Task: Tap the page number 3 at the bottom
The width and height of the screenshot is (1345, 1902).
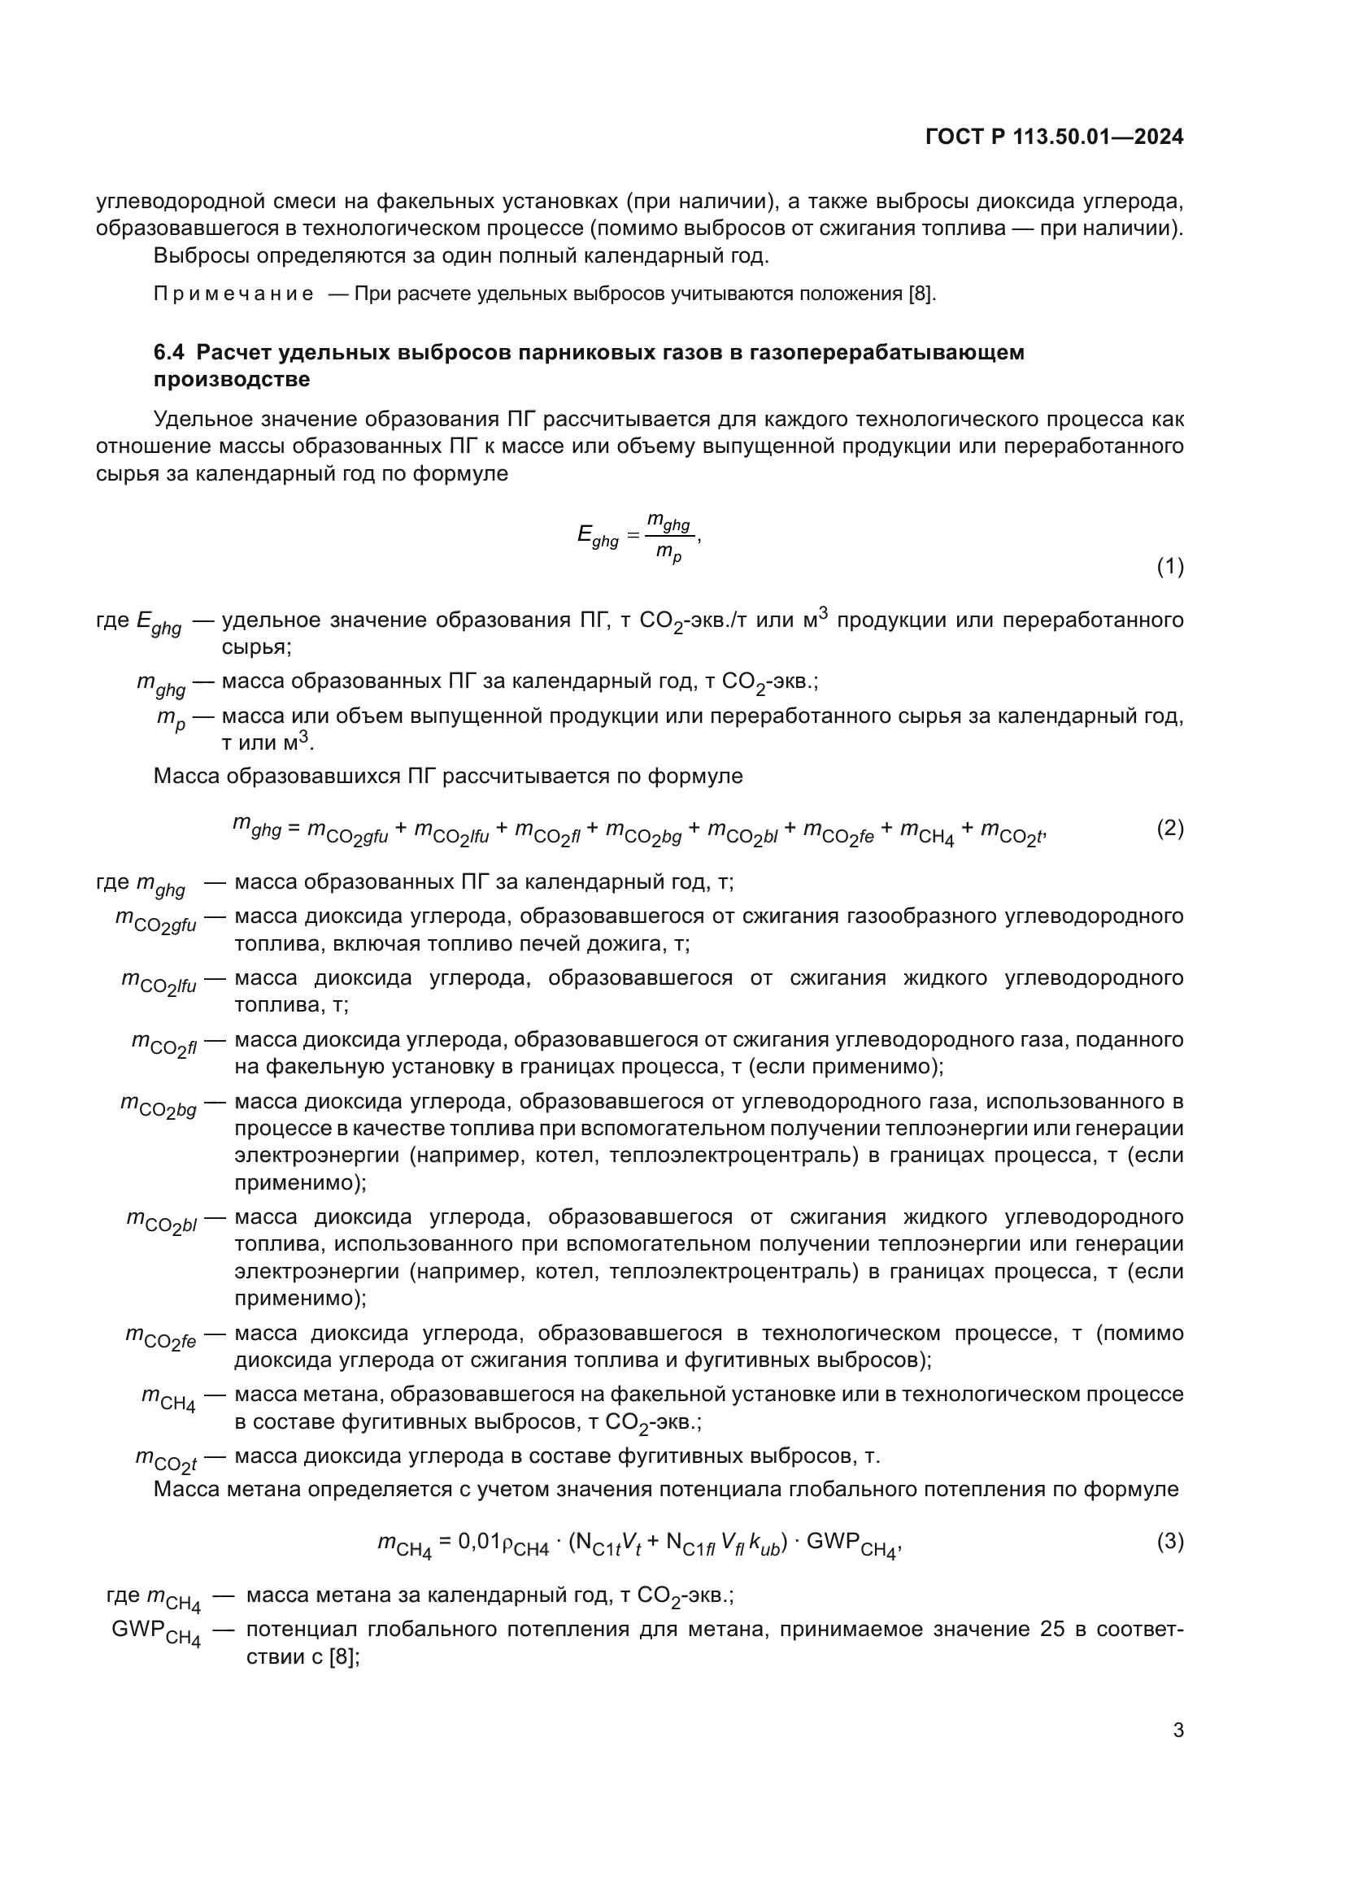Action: pos(1177,1730)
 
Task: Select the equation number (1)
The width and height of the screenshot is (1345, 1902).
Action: pos(1169,567)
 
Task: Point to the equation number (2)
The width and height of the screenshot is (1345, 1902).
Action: pos(1169,828)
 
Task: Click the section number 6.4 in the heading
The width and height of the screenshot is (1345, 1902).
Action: pos(169,352)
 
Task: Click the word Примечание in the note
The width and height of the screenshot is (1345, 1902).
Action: pos(233,294)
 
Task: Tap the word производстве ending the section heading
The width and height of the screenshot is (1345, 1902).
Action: pos(232,380)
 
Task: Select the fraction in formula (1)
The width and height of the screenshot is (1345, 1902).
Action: pos(669,538)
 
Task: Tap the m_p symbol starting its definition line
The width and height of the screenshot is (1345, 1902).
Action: pos(171,719)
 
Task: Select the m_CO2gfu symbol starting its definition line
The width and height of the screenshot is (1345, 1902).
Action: pos(155,921)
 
